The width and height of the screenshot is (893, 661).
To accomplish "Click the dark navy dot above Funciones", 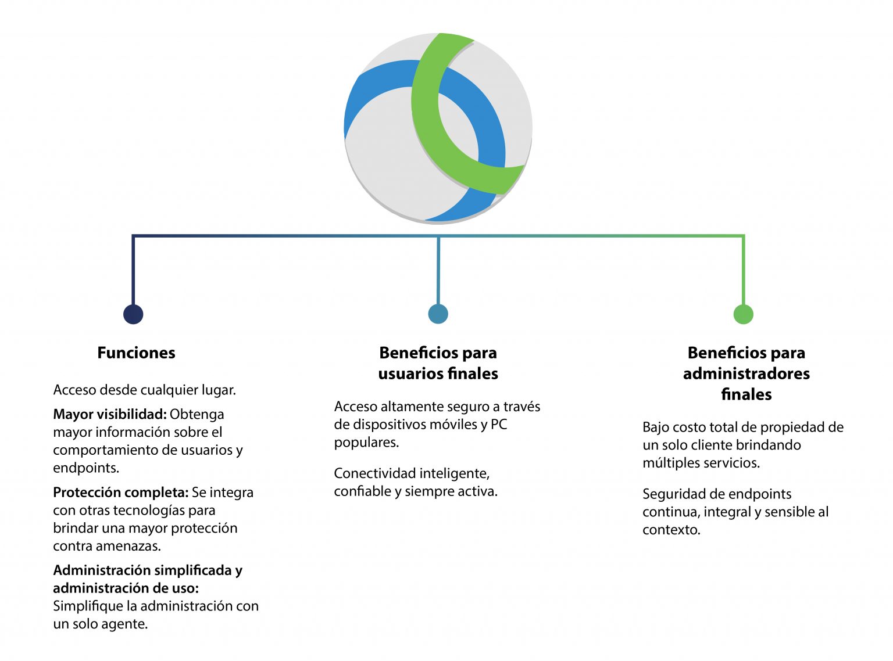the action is [133, 314].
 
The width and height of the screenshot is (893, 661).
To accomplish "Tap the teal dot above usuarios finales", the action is [438, 314].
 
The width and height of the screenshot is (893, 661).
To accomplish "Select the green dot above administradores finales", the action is [743, 314].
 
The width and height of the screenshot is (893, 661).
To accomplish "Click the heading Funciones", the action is [136, 353].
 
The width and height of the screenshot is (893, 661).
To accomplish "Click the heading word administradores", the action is [746, 373].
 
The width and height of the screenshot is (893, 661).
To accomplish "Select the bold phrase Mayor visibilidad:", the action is [110, 414].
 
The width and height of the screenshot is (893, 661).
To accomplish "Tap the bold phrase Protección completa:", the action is [121, 493].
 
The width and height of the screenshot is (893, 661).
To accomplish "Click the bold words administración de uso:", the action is [126, 588].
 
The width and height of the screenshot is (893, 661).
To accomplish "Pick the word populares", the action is [366, 443].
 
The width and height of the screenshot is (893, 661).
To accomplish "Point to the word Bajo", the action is [656, 428].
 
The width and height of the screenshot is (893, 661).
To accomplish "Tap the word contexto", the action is [671, 530].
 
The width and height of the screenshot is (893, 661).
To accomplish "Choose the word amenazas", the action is [135, 546].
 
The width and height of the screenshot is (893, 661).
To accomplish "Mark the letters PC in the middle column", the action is [499, 425].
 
